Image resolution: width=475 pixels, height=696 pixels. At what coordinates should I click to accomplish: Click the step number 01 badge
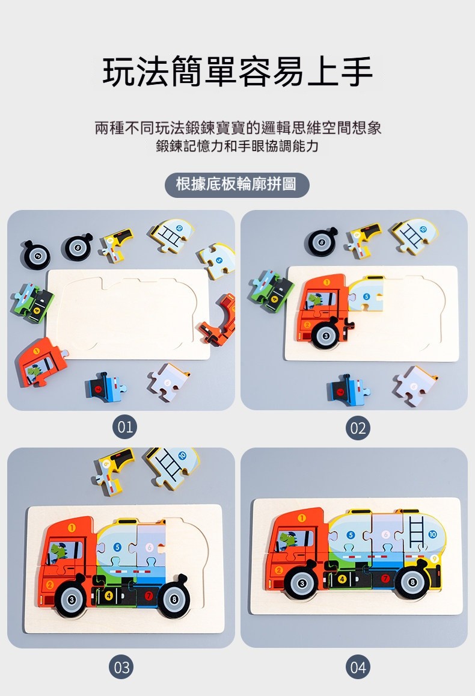point(124,427)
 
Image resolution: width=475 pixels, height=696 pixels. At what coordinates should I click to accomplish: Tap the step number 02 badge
point(358,428)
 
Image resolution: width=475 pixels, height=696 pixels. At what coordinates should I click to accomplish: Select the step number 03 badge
point(121,667)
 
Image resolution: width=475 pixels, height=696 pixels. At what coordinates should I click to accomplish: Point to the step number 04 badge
point(358,667)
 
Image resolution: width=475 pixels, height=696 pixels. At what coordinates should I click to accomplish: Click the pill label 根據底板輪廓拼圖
point(237,184)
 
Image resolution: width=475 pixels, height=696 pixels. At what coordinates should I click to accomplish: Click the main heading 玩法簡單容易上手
point(237,72)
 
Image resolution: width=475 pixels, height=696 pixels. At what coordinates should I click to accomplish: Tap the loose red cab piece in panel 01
point(41,362)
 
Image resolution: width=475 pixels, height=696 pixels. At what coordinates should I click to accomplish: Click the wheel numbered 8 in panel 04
point(412,582)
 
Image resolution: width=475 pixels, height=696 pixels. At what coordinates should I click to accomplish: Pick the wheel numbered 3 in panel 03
point(72,600)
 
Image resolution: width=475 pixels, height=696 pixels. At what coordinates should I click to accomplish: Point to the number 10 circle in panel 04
point(432,534)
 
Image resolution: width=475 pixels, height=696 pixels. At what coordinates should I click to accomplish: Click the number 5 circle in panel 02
point(366,297)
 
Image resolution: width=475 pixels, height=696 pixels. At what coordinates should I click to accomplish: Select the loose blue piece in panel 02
point(348,390)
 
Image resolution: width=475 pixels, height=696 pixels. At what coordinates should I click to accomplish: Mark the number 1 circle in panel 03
point(72,528)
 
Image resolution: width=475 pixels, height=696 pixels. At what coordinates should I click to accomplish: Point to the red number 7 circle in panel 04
point(385,578)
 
